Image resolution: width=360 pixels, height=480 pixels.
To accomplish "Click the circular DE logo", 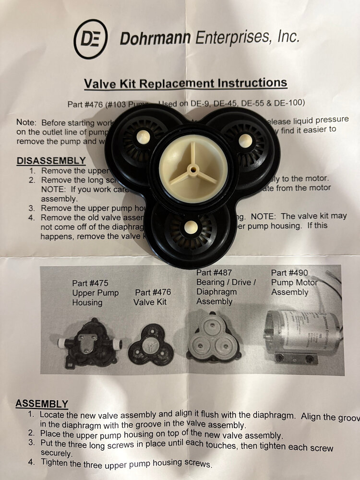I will click(x=91, y=39).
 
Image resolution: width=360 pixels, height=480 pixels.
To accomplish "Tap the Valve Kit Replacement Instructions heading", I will click(x=185, y=83).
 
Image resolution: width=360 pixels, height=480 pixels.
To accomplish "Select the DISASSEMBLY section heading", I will click(x=51, y=161).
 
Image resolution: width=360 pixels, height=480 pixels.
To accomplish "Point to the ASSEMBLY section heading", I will click(x=42, y=404).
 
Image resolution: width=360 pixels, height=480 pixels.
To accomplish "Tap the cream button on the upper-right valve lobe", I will click(x=245, y=140).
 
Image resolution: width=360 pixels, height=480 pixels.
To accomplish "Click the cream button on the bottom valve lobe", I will click(x=191, y=228).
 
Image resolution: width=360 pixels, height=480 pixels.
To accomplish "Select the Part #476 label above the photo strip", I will click(x=153, y=292).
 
